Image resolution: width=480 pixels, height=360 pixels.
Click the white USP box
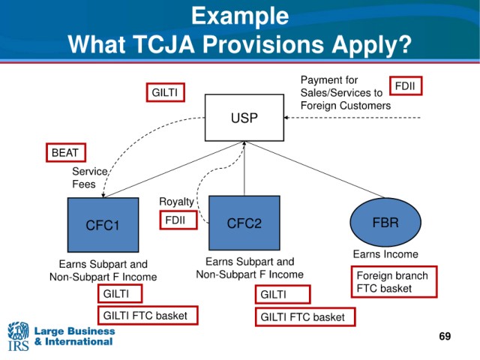(x=244, y=118)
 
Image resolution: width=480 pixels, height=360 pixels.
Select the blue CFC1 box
(x=103, y=225)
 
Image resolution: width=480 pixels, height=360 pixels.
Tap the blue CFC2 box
(x=244, y=223)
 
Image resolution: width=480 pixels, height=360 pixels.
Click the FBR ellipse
(x=385, y=222)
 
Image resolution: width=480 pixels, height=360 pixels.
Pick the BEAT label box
(x=66, y=152)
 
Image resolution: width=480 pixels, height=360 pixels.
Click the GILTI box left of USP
(x=165, y=92)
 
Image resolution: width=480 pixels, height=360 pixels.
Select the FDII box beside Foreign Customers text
(x=406, y=85)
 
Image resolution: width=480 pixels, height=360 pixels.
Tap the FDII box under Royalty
(x=178, y=220)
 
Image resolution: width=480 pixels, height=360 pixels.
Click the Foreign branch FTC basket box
(x=394, y=282)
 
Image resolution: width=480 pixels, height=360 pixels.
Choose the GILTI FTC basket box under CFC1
(x=148, y=315)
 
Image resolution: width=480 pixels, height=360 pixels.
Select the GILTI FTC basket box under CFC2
(x=305, y=316)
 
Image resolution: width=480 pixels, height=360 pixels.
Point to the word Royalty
(x=176, y=202)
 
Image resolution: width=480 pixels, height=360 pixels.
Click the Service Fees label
(x=90, y=178)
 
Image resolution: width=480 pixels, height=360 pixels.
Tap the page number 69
(x=445, y=336)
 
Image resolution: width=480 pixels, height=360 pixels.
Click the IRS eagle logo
(x=18, y=336)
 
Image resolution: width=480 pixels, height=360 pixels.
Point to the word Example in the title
(x=240, y=16)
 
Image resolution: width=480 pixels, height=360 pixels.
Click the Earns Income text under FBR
(x=385, y=254)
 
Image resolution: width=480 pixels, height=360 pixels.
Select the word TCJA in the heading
(x=164, y=44)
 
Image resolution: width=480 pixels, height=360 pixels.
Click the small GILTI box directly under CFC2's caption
(x=283, y=294)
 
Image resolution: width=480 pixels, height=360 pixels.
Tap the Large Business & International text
(x=74, y=336)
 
